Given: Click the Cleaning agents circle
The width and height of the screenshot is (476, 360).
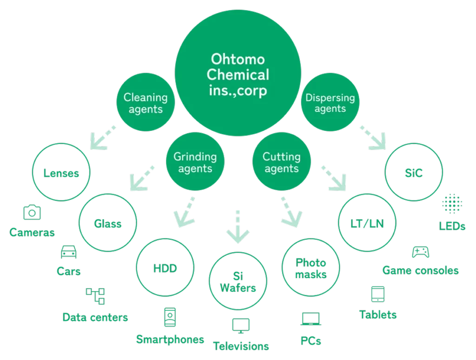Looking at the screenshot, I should click(145, 103).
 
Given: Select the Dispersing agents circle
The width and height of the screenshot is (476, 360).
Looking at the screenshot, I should click(330, 103).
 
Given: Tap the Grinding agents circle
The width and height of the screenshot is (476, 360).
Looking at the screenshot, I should click(195, 162).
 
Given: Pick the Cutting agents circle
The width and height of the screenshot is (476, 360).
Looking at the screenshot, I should click(281, 162).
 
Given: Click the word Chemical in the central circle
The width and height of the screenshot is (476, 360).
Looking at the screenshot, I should click(238, 74).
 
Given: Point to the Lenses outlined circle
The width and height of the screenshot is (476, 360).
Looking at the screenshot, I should click(61, 174).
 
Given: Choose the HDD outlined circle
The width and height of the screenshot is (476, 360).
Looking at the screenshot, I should click(165, 268).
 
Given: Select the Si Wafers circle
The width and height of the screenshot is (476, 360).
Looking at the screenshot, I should click(238, 281).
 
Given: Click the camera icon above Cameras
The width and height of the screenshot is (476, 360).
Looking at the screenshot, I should click(32, 212).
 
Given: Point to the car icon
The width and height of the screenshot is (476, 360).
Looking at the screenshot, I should click(69, 253).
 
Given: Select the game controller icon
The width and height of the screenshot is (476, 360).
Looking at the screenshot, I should click(420, 253).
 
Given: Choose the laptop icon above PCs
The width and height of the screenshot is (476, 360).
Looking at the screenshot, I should click(310, 319).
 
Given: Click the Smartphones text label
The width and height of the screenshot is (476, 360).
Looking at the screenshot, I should click(170, 339).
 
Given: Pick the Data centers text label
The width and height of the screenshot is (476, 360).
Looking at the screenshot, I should click(95, 318).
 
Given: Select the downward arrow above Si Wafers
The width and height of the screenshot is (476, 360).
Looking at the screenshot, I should click(238, 228).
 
